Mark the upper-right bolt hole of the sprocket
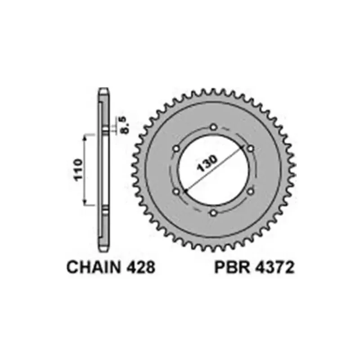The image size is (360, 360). (250, 148)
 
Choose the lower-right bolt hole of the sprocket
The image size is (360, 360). (250, 191)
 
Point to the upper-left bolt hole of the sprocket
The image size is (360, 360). (176, 148)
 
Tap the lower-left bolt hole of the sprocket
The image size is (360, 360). (176, 191)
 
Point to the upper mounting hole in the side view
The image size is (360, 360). (104, 131)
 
